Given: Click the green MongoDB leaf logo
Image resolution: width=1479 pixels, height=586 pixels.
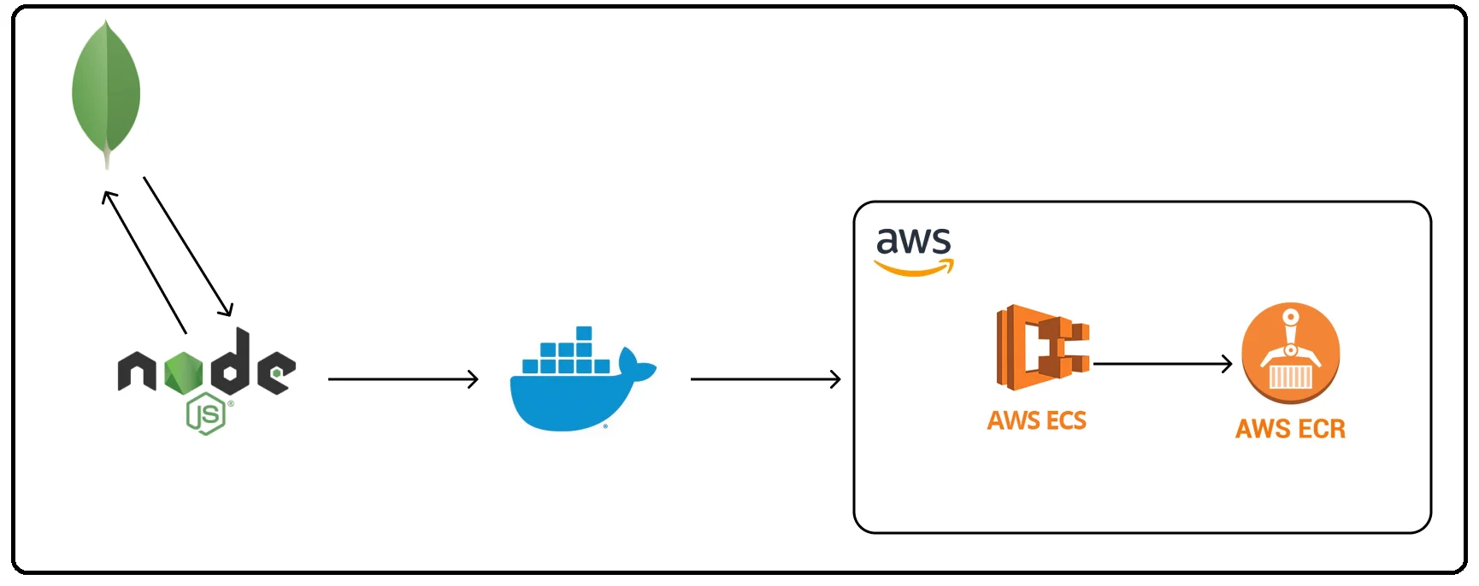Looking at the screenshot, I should [x=106, y=85].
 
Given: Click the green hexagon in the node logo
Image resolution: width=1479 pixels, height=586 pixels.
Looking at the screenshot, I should [x=183, y=373].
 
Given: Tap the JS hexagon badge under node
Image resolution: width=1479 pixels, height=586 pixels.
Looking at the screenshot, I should [x=206, y=414].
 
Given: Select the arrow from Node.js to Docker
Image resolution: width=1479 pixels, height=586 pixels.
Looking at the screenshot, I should [x=403, y=378].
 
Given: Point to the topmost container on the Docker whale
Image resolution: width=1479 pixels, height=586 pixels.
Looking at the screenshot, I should [x=584, y=333].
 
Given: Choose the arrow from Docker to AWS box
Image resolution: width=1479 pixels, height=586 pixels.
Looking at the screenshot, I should [x=765, y=378].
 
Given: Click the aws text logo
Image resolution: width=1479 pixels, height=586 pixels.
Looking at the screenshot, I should [x=913, y=241].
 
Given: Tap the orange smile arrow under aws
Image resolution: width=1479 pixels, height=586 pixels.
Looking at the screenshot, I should [x=913, y=270].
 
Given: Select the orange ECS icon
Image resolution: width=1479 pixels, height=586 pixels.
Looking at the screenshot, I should [x=1042, y=348].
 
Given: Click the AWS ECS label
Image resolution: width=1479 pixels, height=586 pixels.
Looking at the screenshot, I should [x=1036, y=420].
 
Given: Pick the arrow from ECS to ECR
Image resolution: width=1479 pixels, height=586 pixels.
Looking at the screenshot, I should [x=1163, y=364].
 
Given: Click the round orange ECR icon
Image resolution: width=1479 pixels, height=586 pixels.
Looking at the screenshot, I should [x=1290, y=352].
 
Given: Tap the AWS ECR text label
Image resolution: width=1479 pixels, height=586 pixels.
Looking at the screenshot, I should [x=1290, y=428].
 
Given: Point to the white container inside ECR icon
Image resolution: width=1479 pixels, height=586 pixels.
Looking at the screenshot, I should [x=1290, y=377].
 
